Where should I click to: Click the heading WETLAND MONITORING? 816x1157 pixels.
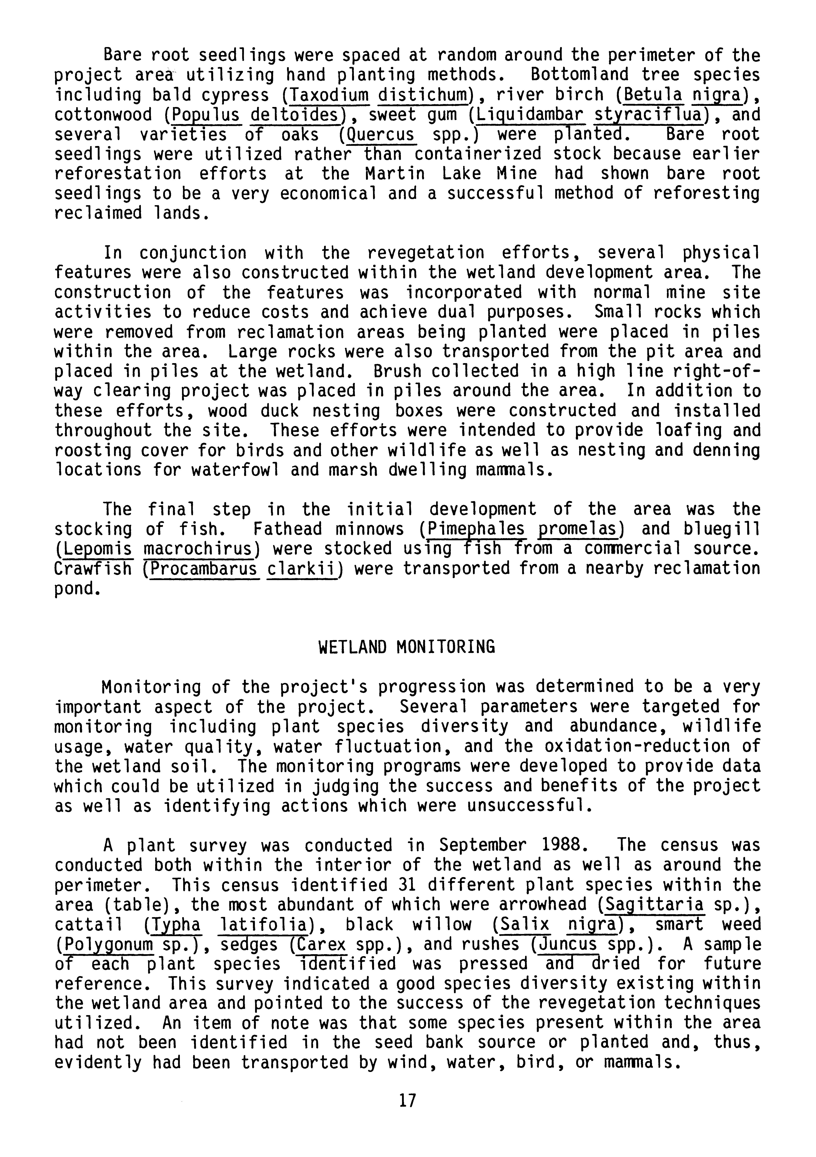click(x=407, y=647)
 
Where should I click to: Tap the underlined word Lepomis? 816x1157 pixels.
click(x=95, y=549)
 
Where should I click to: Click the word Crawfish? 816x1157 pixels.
click(x=93, y=569)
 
